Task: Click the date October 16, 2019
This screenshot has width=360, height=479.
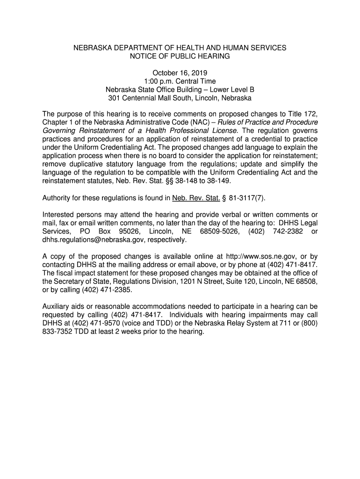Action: click(x=180, y=73)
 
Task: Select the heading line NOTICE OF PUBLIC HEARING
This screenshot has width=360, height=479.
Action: click(x=180, y=56)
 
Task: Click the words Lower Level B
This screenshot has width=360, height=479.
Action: click(x=232, y=90)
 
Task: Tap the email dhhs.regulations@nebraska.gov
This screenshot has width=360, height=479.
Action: click(x=94, y=240)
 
